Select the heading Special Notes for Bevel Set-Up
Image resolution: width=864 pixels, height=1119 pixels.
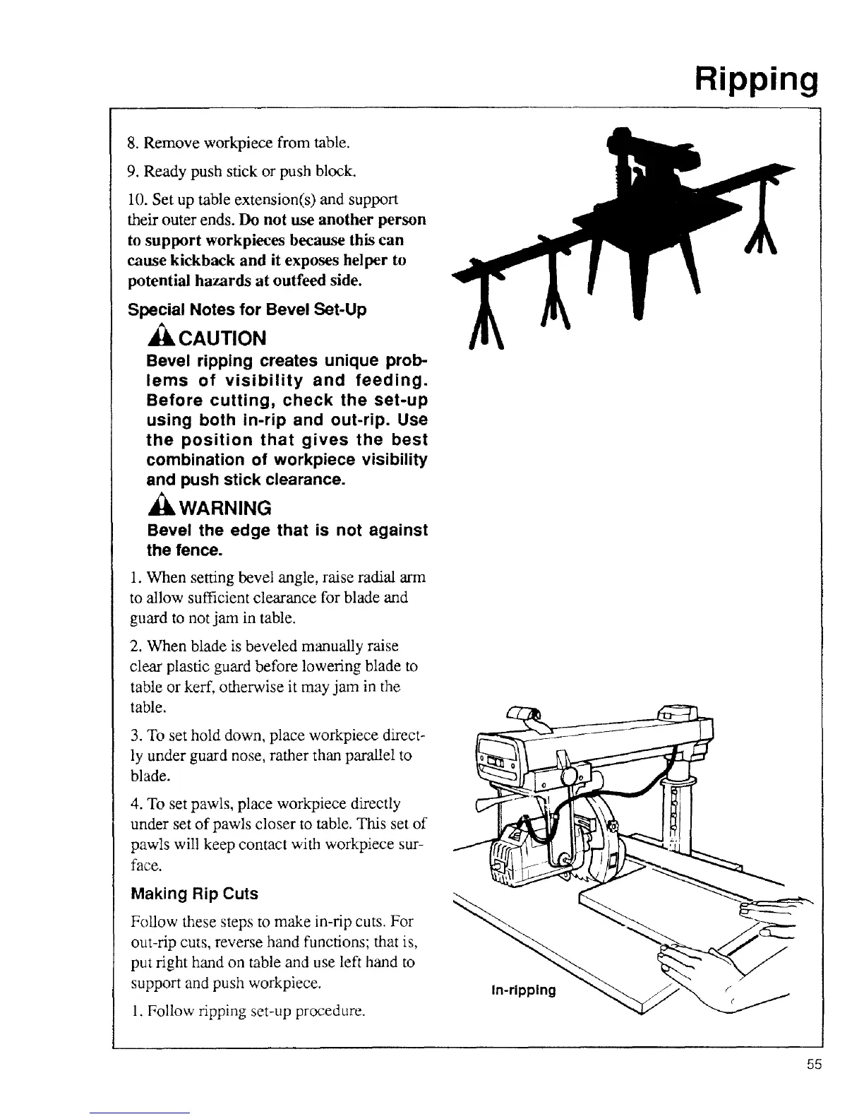(247, 310)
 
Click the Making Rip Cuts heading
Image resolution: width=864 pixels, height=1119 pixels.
(195, 894)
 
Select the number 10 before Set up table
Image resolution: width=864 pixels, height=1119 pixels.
(134, 199)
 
